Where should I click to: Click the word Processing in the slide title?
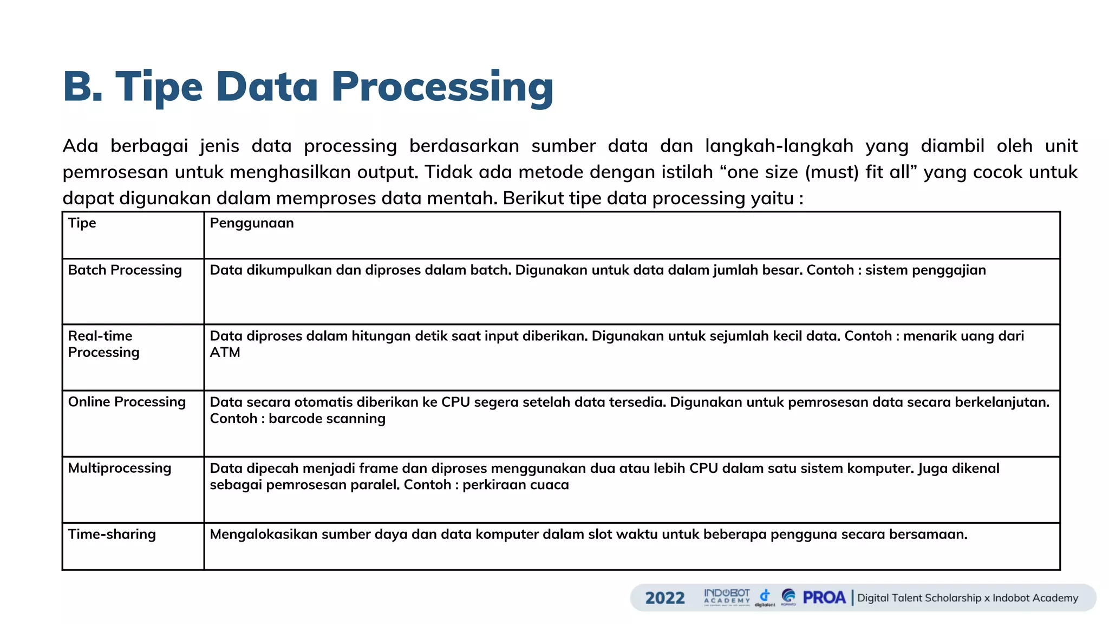click(x=442, y=87)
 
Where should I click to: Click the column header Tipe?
click(x=82, y=223)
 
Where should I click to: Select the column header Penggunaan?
click(x=252, y=223)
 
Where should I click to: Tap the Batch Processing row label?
click(x=125, y=270)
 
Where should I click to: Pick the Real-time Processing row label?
click(x=103, y=344)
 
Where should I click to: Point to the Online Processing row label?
click(x=127, y=402)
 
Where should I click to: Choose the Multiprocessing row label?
click(x=119, y=468)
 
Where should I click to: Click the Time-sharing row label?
click(x=112, y=534)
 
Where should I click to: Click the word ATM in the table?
click(x=225, y=353)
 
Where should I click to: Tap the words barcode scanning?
click(x=327, y=419)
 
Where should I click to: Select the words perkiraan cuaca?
click(x=516, y=485)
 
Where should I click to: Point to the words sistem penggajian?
click(x=925, y=270)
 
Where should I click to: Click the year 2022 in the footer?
click(x=665, y=598)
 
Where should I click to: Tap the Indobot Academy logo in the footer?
click(x=727, y=597)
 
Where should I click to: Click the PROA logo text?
click(x=824, y=597)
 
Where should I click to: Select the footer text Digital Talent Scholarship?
click(x=919, y=598)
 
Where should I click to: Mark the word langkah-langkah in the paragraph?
click(x=779, y=146)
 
